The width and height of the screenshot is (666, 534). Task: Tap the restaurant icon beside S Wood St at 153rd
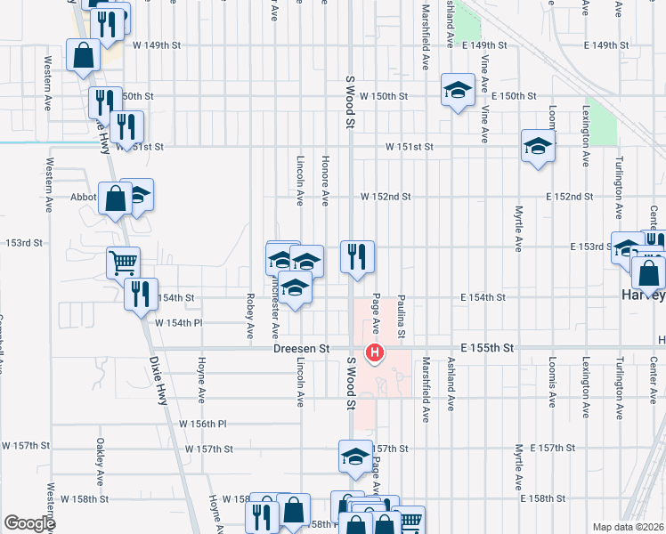tap(358, 257)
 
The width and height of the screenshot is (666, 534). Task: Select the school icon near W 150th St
tap(458, 91)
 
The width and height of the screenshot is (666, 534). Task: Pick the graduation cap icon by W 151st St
tap(538, 146)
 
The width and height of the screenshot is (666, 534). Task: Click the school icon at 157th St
tap(354, 457)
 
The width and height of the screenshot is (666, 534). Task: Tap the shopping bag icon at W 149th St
tap(83, 55)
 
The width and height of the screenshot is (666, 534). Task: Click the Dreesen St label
tap(302, 349)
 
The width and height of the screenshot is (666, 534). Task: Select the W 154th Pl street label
tap(179, 323)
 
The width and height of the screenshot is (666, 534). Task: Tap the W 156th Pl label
tap(203, 425)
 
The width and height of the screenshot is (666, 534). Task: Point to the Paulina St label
tap(402, 317)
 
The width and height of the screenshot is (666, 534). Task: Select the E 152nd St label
tap(569, 197)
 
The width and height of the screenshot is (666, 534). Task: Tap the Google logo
tap(28, 523)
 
